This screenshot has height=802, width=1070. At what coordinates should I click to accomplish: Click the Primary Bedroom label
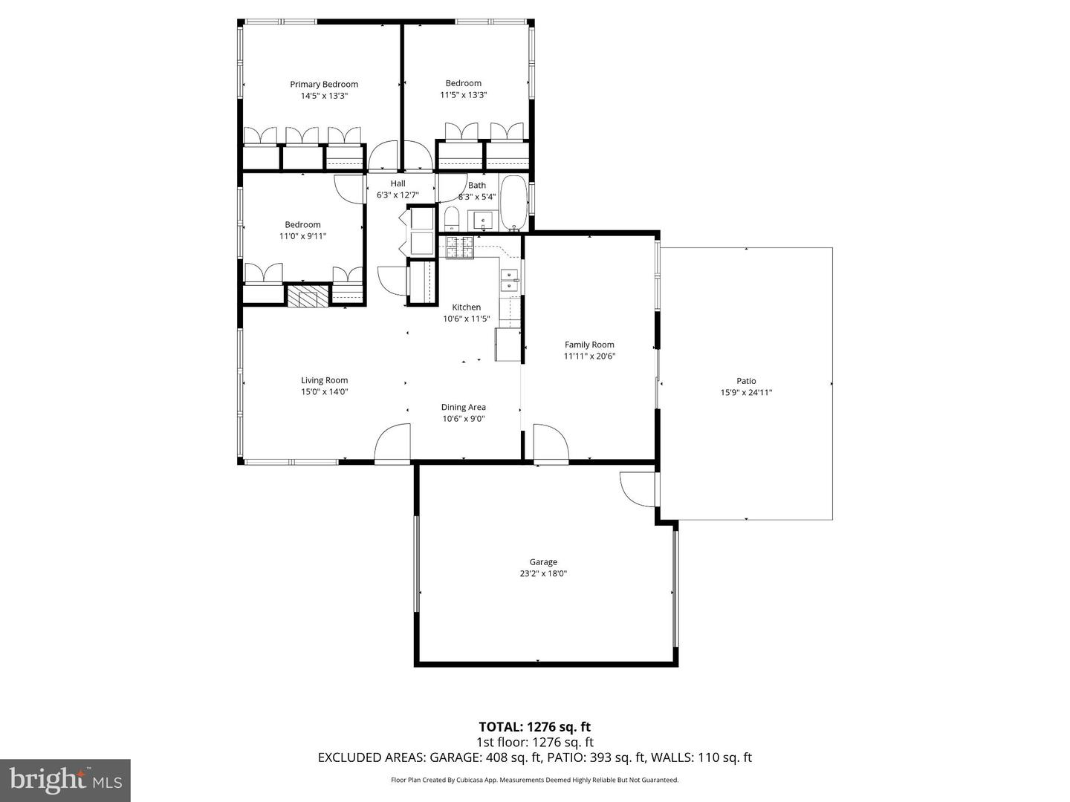[324, 85]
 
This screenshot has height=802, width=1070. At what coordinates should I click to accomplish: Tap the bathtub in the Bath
[513, 203]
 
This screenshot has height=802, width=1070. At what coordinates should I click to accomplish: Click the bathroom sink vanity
[483, 221]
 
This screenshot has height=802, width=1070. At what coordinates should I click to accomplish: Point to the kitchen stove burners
[460, 247]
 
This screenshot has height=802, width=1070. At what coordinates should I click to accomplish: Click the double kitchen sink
[510, 280]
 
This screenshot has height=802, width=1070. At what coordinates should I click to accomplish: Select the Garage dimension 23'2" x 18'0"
[543, 573]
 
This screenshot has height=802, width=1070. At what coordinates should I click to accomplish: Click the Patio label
[746, 381]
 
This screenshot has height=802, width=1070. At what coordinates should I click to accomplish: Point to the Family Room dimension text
[589, 356]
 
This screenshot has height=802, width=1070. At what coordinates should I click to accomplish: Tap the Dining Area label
[464, 407]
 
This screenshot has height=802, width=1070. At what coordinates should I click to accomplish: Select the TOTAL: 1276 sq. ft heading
[534, 727]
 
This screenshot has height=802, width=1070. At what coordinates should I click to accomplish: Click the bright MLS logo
[65, 780]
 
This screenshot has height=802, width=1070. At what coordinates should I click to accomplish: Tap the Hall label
[398, 183]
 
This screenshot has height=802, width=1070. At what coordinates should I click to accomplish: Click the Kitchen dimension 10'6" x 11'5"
[467, 319]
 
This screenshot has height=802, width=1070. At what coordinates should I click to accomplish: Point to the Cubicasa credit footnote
[534, 780]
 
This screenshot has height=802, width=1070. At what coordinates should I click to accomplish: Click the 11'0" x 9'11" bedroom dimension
[302, 236]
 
